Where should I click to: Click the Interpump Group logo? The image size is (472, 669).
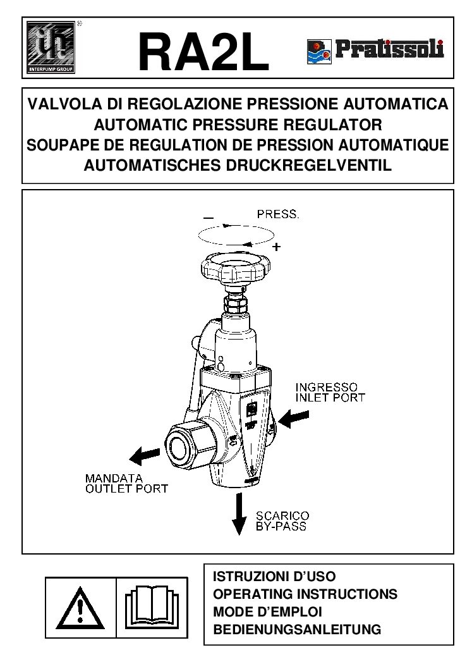tap(51, 47)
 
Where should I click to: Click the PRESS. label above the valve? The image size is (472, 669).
tap(277, 214)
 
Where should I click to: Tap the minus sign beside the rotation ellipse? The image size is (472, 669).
tap(208, 218)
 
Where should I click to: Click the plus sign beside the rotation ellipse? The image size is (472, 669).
tap(276, 247)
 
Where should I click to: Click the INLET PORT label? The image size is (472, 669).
tap(330, 398)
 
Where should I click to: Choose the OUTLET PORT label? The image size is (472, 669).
tap(127, 489)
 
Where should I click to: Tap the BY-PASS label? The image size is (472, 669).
tap(281, 526)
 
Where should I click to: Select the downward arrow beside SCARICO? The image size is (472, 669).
tap(239, 513)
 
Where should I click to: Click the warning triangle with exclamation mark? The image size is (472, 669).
tap(80, 608)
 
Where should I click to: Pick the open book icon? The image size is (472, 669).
tap(152, 608)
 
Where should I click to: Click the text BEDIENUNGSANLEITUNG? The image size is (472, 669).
tap(297, 630)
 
